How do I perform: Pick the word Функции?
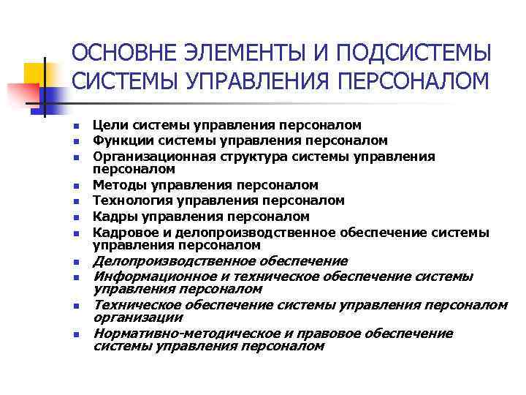[120, 140]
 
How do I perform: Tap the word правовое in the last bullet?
[317, 334]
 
